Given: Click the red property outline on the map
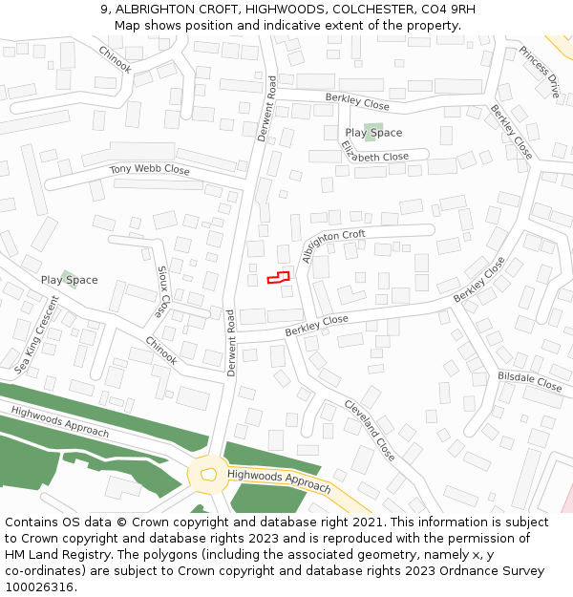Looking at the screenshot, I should (x=277, y=277).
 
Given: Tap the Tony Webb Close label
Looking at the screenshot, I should (x=149, y=170).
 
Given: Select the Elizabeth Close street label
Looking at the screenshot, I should (x=374, y=151).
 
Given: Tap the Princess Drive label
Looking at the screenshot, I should (x=540, y=72).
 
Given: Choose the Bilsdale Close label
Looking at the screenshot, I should (x=530, y=381).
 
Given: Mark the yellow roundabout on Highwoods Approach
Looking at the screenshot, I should (x=208, y=474).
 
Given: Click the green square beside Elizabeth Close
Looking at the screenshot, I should (x=373, y=132).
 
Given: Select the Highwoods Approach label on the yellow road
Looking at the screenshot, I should (x=279, y=480).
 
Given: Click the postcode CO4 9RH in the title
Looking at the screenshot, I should (x=448, y=10).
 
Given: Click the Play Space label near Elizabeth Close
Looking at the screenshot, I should (x=373, y=133).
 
